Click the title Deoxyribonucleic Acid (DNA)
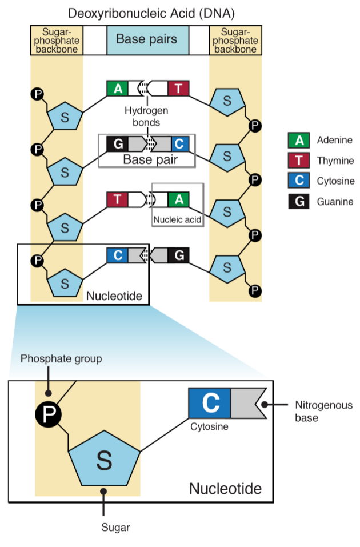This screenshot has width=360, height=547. pyautogui.click(x=151, y=13)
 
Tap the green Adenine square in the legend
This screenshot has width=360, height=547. pyautogui.click(x=299, y=140)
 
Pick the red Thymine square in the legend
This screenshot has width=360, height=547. pyautogui.click(x=299, y=161)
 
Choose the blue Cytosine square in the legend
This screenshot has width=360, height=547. pyautogui.click(x=299, y=181)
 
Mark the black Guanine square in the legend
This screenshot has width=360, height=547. pyautogui.click(x=299, y=201)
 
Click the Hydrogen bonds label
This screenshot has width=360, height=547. pyautogui.click(x=146, y=117)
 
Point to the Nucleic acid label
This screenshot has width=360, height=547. pyautogui.click(x=177, y=220)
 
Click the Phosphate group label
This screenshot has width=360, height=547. pyautogui.click(x=61, y=358)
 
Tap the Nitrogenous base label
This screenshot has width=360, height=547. pyautogui.click(x=324, y=412)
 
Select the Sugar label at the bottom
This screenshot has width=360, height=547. pyautogui.click(x=115, y=528)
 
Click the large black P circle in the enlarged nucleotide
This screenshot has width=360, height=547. pyautogui.click(x=48, y=414)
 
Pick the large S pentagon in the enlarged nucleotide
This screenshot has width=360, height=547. pyautogui.click(x=104, y=460)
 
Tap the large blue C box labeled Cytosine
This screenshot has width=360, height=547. pyautogui.click(x=209, y=403)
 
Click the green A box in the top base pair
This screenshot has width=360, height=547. pyautogui.click(x=118, y=88)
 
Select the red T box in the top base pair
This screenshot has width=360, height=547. pyautogui.click(x=178, y=88)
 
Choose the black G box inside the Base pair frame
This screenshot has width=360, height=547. pyautogui.click(x=118, y=143)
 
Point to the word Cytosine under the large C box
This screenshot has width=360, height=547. pyautogui.click(x=209, y=426)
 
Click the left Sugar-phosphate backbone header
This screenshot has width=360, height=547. pyautogui.click(x=57, y=41)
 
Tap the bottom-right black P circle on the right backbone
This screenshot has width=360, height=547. pyautogui.click(x=255, y=290)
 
